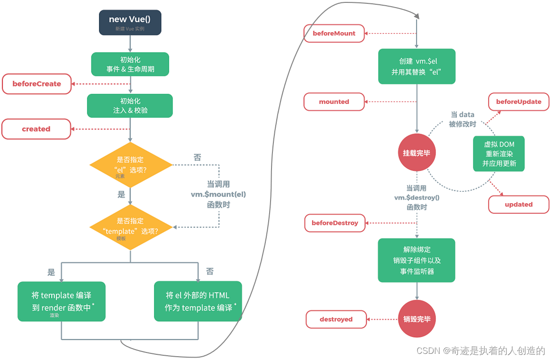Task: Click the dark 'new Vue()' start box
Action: [130, 23]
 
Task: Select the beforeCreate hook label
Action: [36, 84]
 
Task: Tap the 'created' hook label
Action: [36, 129]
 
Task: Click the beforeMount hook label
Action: [334, 34]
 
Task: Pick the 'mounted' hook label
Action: [334, 102]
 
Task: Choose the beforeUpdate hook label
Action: [518, 102]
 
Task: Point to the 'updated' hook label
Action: [518, 205]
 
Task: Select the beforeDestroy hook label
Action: [335, 223]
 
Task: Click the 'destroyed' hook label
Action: [336, 319]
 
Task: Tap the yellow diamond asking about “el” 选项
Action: [130, 165]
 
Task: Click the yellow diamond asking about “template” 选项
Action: [130, 227]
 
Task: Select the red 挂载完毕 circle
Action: [416, 153]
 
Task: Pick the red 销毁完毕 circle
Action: [417, 319]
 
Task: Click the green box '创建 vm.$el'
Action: [416, 67]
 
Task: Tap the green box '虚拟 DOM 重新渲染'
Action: [499, 154]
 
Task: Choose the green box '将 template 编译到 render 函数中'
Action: [62, 302]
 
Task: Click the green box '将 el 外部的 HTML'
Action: [198, 302]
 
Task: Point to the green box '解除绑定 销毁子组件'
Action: [416, 261]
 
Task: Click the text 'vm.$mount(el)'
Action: [218, 194]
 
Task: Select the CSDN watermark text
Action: [480, 351]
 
